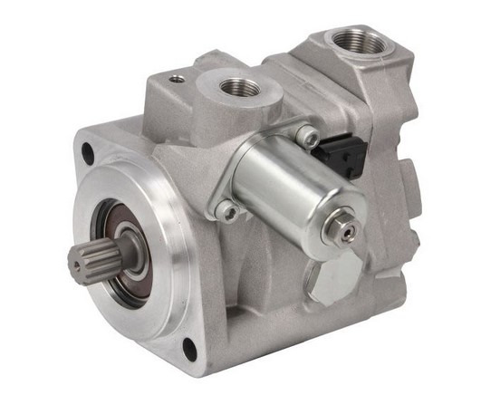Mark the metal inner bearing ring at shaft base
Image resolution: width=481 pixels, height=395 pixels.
(116, 246)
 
